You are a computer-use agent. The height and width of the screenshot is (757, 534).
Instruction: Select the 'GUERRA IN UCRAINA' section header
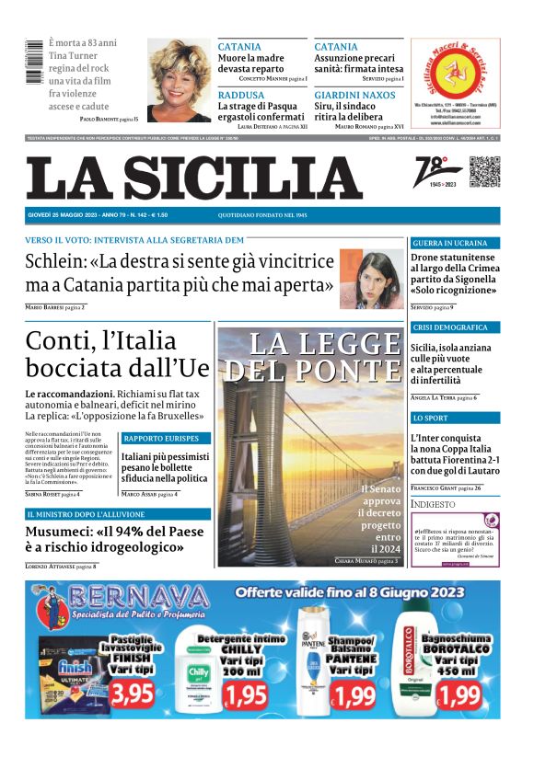pos(450,243)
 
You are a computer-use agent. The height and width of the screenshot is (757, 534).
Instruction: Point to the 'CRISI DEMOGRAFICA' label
pos(450,327)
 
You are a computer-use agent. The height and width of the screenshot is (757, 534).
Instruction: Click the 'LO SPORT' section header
pos(430,419)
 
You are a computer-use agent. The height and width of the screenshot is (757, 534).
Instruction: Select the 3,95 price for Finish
pos(133,692)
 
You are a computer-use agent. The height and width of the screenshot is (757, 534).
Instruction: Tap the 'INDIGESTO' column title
pos(433,504)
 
